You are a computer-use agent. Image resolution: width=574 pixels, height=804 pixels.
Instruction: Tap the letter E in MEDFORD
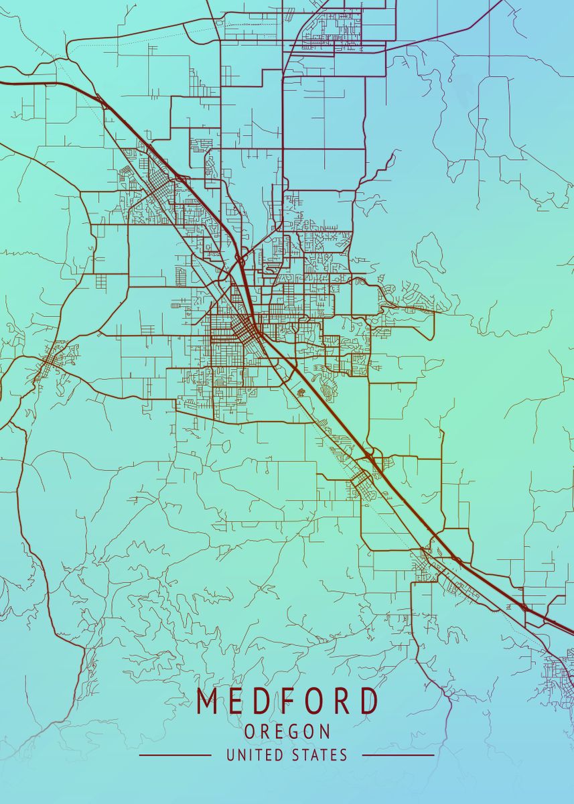pyautogui.click(x=236, y=701)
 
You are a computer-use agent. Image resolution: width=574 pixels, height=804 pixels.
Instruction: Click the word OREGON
pyautogui.click(x=287, y=732)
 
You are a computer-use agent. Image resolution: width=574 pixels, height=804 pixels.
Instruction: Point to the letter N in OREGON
pyautogui.click(x=325, y=732)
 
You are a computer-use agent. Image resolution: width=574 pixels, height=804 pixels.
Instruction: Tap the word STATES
pyautogui.click(x=320, y=755)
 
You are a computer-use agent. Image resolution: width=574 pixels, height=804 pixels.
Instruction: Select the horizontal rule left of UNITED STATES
pyautogui.click(x=175, y=755)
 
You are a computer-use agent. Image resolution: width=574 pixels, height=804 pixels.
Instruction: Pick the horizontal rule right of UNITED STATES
pyautogui.click(x=399, y=755)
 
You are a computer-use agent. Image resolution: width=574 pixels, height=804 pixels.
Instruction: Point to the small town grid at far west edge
pyautogui.click(x=50, y=362)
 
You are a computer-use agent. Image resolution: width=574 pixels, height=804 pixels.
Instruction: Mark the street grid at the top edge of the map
pyautogui.click(x=332, y=27)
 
